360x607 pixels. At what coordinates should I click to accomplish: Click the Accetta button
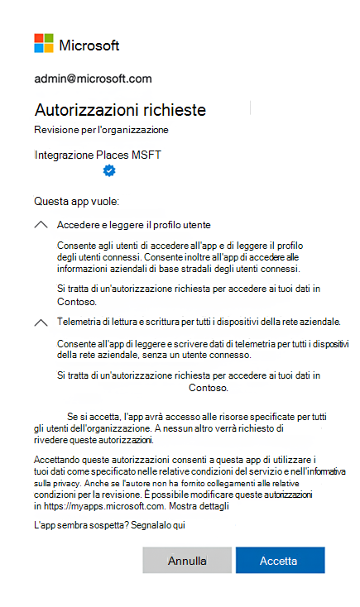point(279,561)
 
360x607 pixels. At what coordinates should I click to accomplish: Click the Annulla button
point(187,561)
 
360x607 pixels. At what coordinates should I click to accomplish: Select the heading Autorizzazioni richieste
point(120,110)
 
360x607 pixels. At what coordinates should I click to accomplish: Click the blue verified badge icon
point(109,170)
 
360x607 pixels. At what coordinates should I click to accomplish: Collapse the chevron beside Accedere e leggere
point(41,225)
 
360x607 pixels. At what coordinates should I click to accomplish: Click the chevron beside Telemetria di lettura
point(41,322)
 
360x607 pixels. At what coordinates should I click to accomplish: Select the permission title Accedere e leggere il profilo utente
point(134,225)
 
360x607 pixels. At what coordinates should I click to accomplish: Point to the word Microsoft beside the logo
point(89,45)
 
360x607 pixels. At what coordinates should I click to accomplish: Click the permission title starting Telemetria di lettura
point(199,321)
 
